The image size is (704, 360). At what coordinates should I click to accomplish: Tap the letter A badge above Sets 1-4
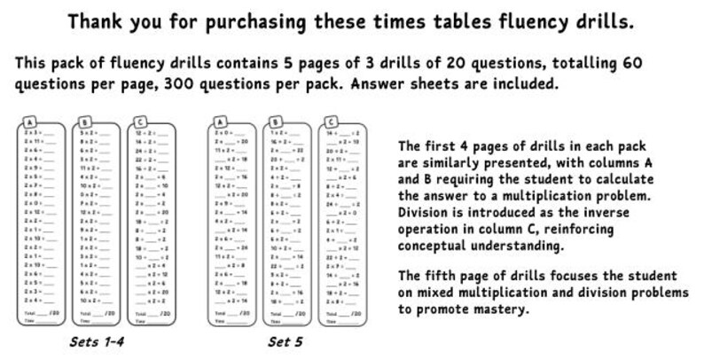point(31,121)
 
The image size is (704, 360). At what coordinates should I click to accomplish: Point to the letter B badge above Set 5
point(276,121)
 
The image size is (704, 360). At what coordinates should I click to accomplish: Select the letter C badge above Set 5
point(331,121)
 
